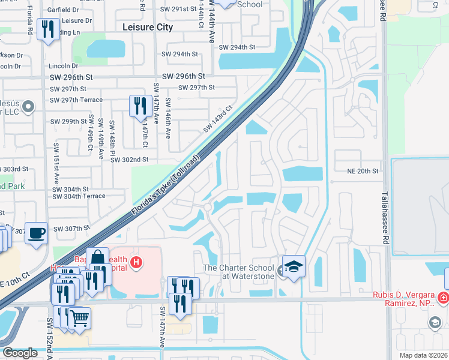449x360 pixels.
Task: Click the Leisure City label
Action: [x=147, y=27]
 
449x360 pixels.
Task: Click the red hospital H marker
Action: [x=137, y=262]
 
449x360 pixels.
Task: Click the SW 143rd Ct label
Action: [x=217, y=119]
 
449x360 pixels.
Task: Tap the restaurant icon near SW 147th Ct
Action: [x=140, y=106]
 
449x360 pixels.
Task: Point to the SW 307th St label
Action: [x=71, y=229]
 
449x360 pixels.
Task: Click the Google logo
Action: [x=20, y=353]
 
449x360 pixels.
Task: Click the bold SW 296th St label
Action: [x=184, y=76]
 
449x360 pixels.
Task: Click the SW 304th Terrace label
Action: [x=79, y=196]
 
